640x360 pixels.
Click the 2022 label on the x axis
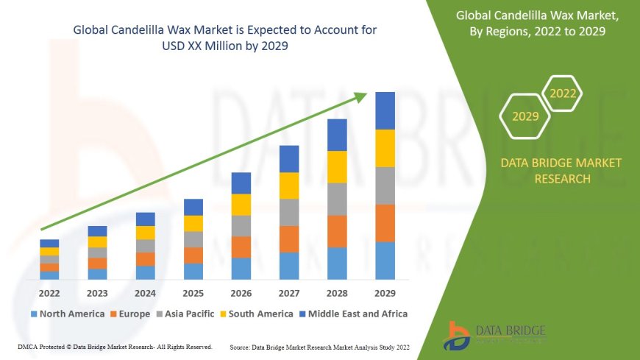pyautogui.click(x=49, y=292)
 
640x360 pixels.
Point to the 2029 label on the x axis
pyautogui.click(x=385, y=292)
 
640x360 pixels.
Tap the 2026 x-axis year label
pyautogui.click(x=241, y=292)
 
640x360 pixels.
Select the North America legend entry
pyautogui.click(x=68, y=314)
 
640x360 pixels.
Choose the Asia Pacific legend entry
pyautogui.click(x=191, y=314)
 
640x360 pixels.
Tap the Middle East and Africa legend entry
pyautogui.click(x=354, y=314)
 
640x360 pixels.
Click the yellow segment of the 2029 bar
pyautogui.click(x=385, y=148)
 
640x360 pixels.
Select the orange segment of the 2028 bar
pyautogui.click(x=337, y=231)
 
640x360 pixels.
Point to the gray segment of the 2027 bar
pyautogui.click(x=289, y=212)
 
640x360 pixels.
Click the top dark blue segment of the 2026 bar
pyautogui.click(x=241, y=183)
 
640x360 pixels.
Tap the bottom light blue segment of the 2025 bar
pyautogui.click(x=193, y=271)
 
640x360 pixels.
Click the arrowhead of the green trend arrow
pyautogui.click(x=361, y=96)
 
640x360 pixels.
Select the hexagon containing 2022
pyautogui.click(x=563, y=93)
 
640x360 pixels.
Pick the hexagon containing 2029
pyautogui.click(x=525, y=116)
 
